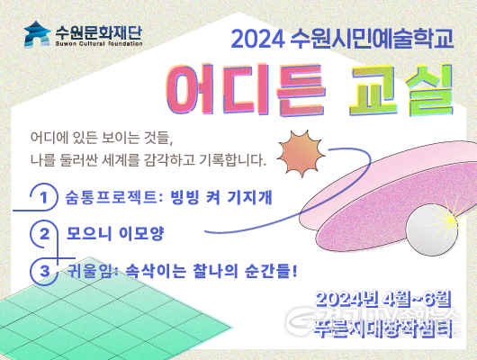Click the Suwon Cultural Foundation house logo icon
(x=38, y=35)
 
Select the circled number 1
(x=42, y=196)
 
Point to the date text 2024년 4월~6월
(x=383, y=298)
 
